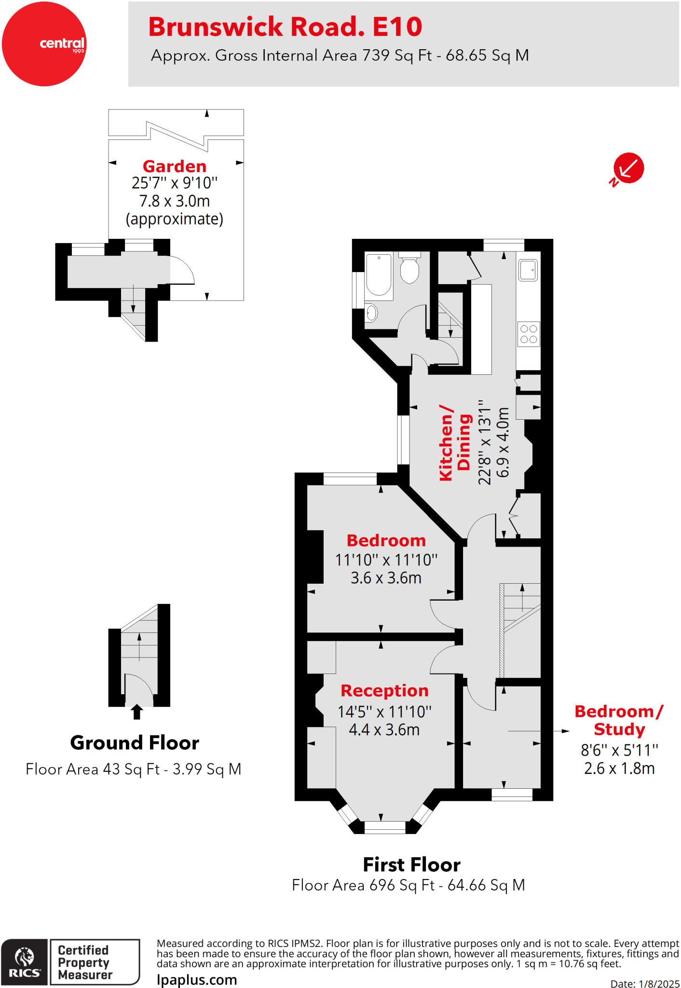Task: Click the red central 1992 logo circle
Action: (x=44, y=44)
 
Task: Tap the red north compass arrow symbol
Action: (x=628, y=168)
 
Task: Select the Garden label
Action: (x=175, y=166)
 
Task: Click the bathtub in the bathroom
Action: (x=379, y=274)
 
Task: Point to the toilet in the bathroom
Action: (x=409, y=270)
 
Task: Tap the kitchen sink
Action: (x=528, y=270)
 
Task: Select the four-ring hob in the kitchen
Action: (x=529, y=334)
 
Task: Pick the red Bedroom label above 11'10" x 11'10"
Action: (x=386, y=540)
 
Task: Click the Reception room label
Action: (x=384, y=691)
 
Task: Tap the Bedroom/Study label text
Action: (x=619, y=720)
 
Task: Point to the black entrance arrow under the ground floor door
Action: (x=137, y=712)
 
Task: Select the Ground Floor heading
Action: (x=135, y=743)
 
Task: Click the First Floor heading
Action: (x=411, y=865)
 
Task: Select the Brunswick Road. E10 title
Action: (x=285, y=27)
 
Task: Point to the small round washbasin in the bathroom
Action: (x=371, y=313)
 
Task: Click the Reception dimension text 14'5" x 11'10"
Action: (x=384, y=712)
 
